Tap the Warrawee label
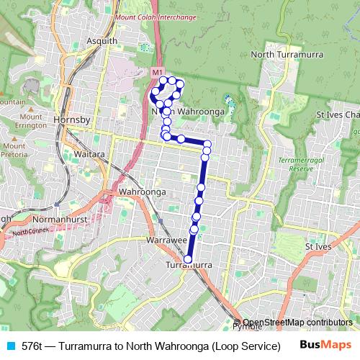(x=166, y=238)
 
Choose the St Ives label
(x=318, y=246)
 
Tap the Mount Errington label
(x=31, y=122)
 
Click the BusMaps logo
(x=326, y=345)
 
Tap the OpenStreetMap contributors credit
(x=297, y=323)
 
